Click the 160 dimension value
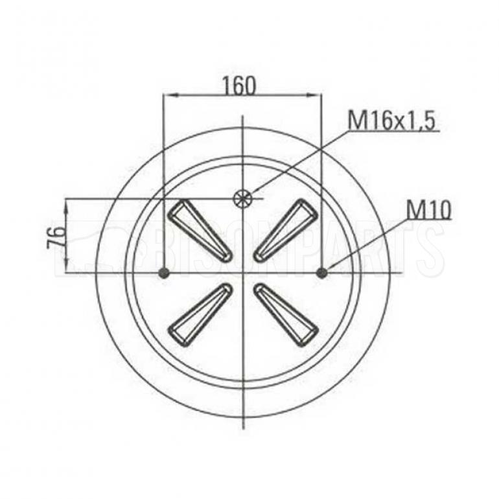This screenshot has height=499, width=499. (238, 86)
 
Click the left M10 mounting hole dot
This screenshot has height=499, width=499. (164, 273)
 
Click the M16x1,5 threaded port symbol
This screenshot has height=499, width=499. (243, 198)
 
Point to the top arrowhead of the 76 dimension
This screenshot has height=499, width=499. (67, 204)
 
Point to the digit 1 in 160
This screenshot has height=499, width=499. (226, 86)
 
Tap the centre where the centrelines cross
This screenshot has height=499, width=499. (242, 273)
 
